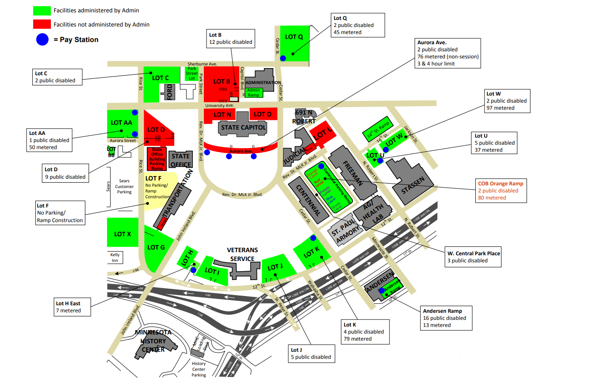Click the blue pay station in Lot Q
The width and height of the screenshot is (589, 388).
pos(283,58)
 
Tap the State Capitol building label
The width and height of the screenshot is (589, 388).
pos(243,127)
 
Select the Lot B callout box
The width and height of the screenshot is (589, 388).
pos(230,39)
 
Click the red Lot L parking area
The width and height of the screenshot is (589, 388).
pos(323,133)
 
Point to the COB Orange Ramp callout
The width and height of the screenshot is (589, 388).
pos(501,191)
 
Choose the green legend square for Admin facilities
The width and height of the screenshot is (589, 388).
pos(42,10)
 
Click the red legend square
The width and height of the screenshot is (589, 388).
pos(42,24)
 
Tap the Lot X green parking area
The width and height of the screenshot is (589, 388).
pos(122,233)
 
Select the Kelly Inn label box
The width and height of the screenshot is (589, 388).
pos(115,257)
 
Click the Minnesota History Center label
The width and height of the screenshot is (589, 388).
pos(153,341)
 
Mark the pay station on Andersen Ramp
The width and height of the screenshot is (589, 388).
pos(381,291)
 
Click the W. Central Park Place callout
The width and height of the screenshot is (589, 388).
pos(473,257)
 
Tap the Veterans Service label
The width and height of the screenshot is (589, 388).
pos(242,254)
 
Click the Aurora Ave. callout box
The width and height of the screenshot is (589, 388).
pos(447,53)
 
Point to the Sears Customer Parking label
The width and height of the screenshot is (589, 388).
pos(124,186)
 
